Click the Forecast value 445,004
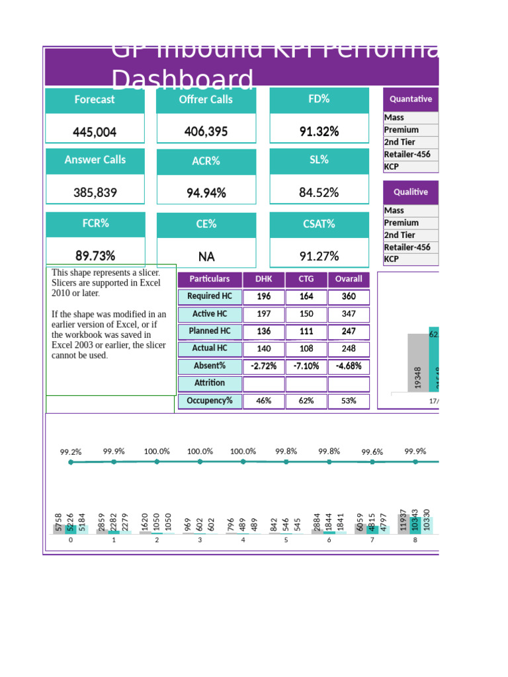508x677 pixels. tap(95, 132)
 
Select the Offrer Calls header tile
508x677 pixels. tap(206, 100)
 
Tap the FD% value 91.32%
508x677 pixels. tap(319, 132)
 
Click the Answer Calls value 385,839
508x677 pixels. tap(95, 193)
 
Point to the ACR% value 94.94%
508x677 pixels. tap(206, 193)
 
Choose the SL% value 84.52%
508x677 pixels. tap(319, 193)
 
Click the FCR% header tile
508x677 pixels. tap(95, 223)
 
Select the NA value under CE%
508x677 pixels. tap(206, 257)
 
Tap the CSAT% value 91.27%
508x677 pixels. tap(319, 257)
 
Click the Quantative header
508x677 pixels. tap(410, 99)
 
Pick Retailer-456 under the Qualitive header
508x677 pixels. tap(407, 247)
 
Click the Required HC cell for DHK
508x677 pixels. tap(263, 296)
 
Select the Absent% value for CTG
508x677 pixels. tap(306, 366)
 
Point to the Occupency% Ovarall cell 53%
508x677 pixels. tap(349, 401)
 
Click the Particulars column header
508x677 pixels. tap(209, 279)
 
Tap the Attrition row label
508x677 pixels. tap(209, 383)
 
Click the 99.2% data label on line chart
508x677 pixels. tap(71, 452)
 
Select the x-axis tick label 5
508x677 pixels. tap(286, 540)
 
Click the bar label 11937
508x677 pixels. tap(403, 520)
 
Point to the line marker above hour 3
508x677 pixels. tap(200, 462)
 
